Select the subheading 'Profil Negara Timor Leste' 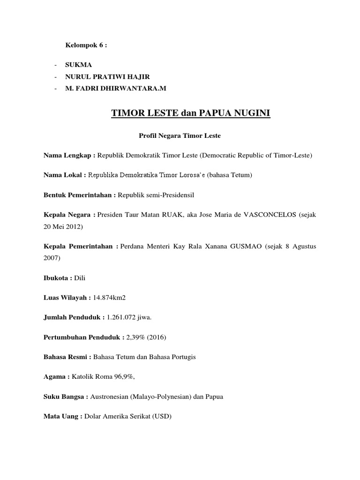pos(180,136)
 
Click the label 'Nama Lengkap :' pos(69,155)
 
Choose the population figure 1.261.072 pos(123,317)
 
